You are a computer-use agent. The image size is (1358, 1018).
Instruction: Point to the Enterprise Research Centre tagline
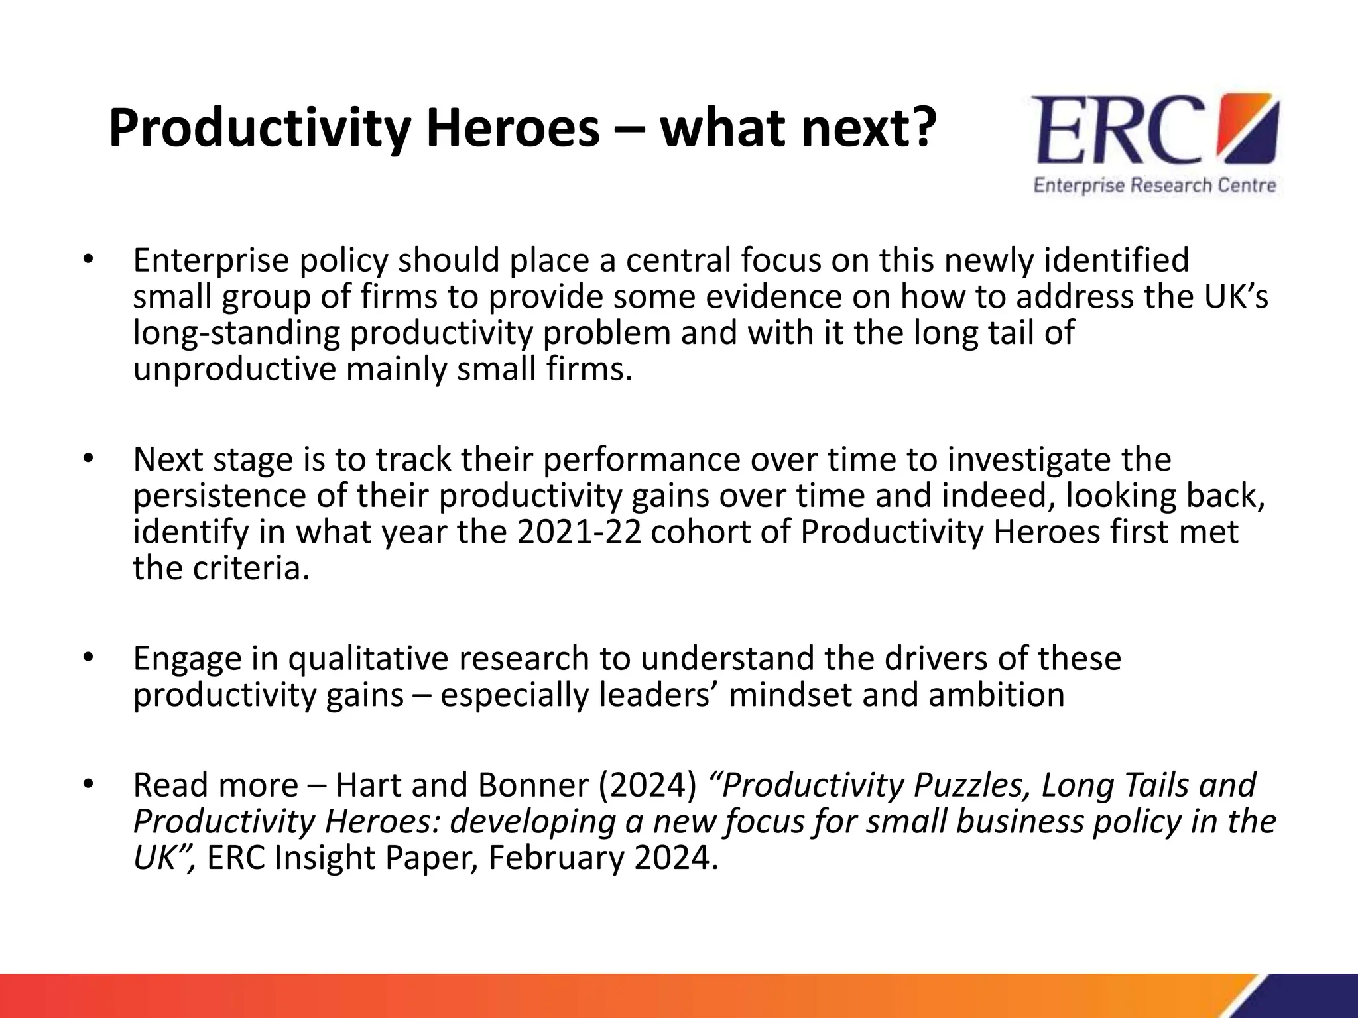coord(1154,185)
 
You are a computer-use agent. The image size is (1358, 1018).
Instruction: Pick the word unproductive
coord(235,368)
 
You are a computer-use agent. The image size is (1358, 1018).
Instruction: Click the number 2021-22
coord(579,532)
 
